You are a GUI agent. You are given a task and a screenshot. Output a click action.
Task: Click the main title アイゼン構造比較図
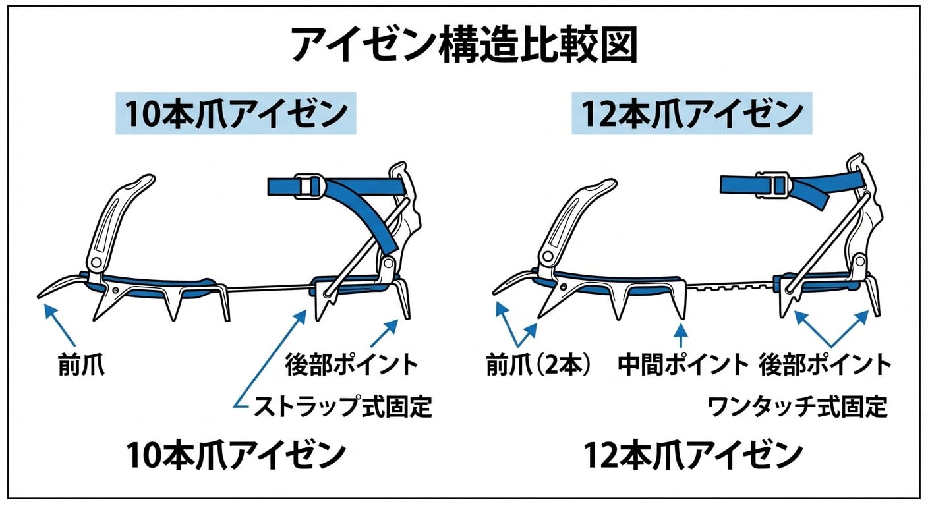point(463,45)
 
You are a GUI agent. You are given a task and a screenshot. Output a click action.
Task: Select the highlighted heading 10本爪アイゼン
point(235,114)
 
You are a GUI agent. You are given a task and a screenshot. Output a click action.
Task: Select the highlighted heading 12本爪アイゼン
point(691,114)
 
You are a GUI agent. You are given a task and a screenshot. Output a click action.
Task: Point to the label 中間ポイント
point(683,364)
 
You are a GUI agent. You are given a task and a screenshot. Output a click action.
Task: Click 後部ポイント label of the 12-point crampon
point(825,364)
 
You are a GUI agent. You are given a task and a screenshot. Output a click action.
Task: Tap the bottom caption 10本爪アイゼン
point(235,455)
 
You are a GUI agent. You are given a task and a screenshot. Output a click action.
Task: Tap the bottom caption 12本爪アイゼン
point(693,455)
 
